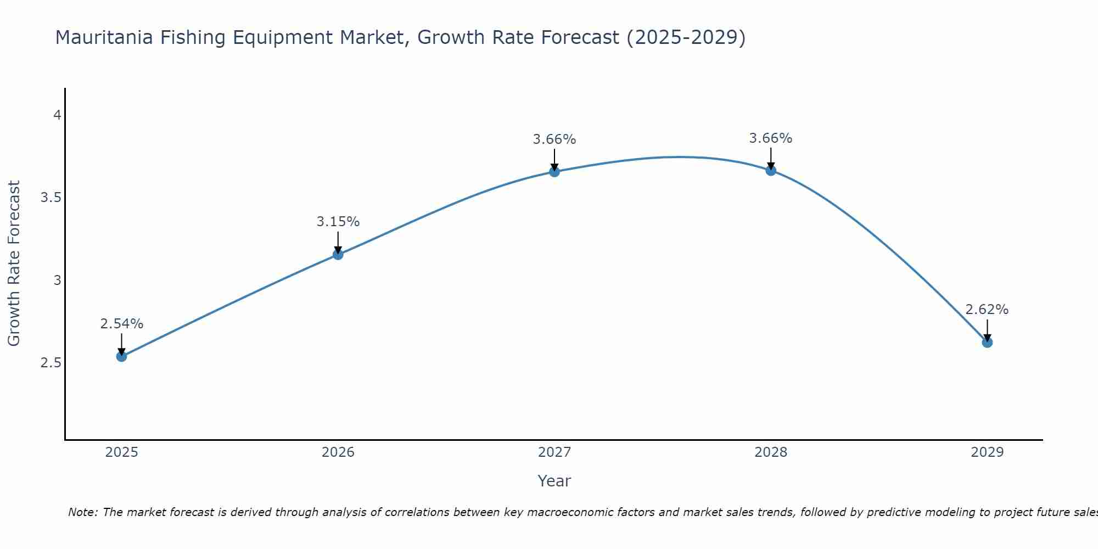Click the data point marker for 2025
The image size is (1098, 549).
tap(121, 356)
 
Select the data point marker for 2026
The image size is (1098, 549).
tap(338, 254)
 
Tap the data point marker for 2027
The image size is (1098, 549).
tap(554, 171)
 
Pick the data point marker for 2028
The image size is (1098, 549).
tap(771, 170)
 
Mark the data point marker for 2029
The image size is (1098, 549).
tap(987, 342)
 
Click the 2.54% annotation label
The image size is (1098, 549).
tap(121, 324)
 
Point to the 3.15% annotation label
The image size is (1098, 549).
tap(338, 222)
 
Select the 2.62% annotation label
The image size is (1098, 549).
tap(987, 310)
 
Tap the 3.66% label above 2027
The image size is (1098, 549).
tap(554, 139)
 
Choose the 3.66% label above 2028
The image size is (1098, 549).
tap(771, 138)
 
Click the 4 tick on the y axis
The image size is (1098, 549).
tap(57, 115)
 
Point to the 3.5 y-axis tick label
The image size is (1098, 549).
tap(51, 198)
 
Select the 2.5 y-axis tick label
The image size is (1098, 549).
tap(51, 363)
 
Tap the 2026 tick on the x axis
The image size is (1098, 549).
tap(338, 452)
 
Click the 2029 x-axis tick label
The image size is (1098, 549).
tap(987, 452)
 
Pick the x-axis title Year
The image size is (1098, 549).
tap(554, 481)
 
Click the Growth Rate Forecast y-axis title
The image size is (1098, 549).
tap(14, 264)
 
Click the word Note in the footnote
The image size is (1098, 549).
tap(82, 512)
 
